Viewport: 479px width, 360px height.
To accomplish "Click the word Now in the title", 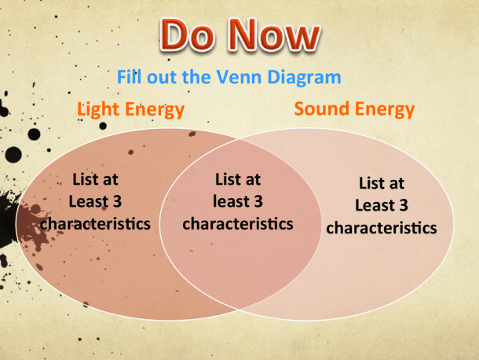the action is [274, 35].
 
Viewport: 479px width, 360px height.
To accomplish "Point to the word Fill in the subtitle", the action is [129, 76].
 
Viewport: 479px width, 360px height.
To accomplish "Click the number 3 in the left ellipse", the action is [117, 201].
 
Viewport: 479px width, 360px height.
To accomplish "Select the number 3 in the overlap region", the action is [258, 201].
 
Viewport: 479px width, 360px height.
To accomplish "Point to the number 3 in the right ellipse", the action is [404, 205].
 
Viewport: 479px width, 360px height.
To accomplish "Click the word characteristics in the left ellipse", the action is [95, 223].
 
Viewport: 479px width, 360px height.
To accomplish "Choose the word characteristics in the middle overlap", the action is [238, 223].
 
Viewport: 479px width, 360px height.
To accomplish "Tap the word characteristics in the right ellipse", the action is [382, 228].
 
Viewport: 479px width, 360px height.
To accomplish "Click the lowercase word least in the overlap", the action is [231, 201].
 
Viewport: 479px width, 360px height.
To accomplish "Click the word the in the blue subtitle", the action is [196, 76].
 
